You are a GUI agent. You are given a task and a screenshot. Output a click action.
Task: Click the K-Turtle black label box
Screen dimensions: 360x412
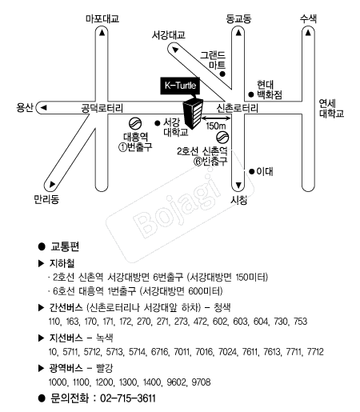click(x=180, y=86)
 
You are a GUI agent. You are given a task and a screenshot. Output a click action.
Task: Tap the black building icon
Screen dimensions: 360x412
click(x=193, y=114)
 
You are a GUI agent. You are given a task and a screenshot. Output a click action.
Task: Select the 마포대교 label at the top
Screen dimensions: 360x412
click(x=102, y=18)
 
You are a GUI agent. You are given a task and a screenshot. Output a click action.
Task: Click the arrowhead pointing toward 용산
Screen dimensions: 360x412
click(x=43, y=107)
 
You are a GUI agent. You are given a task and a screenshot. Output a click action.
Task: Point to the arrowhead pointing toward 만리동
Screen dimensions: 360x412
click(x=52, y=184)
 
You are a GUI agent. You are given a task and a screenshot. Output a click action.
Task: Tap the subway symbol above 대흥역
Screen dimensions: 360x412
click(x=135, y=124)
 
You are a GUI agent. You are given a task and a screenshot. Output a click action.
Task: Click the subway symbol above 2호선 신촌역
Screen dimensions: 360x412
click(x=222, y=138)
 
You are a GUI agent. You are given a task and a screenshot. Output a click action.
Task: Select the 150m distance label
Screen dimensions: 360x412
click(x=216, y=126)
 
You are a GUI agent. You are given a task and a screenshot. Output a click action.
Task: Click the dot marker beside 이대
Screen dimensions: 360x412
click(x=251, y=171)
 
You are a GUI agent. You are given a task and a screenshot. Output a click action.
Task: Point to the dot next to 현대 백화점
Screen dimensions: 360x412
click(x=251, y=94)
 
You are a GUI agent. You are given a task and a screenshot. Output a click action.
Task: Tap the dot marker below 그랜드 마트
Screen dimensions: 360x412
click(x=222, y=74)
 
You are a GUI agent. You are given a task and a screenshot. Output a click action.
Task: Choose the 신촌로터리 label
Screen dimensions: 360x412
click(x=237, y=108)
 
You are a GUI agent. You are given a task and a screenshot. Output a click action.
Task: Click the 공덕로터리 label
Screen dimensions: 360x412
click(x=102, y=108)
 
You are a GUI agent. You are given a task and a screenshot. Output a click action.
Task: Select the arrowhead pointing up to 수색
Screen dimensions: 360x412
click(x=308, y=33)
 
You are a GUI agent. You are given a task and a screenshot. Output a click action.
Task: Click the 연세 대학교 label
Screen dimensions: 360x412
click(x=331, y=108)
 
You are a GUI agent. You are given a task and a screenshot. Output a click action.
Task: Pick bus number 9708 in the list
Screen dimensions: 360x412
click(x=201, y=382)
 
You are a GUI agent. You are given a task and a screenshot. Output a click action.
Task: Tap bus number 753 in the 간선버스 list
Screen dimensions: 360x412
click(x=301, y=322)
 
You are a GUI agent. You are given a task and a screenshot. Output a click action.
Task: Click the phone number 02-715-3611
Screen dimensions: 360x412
click(x=128, y=398)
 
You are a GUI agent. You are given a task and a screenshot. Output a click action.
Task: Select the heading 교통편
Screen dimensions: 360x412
click(x=65, y=246)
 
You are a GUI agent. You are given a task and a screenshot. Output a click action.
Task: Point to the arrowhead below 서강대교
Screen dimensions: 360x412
click(x=175, y=50)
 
